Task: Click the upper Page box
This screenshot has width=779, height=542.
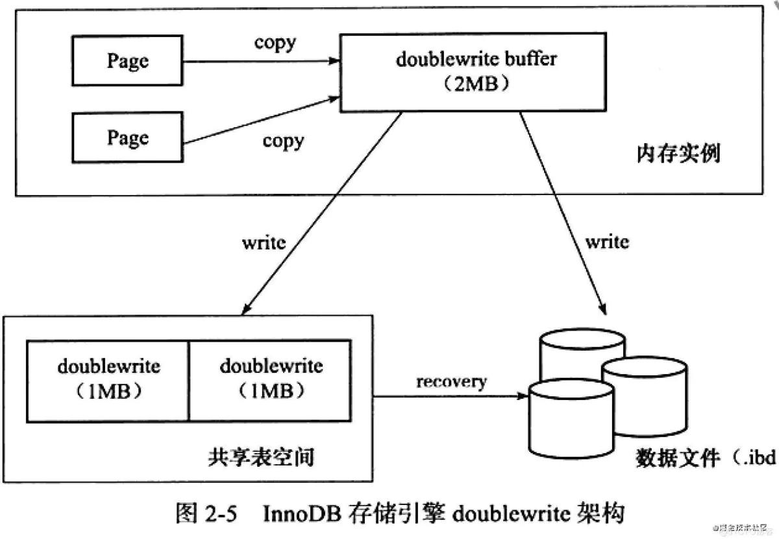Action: pyautogui.click(x=127, y=62)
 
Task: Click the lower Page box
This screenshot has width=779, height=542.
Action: pyautogui.click(x=127, y=138)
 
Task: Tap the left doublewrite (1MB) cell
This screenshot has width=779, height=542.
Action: pyautogui.click(x=108, y=379)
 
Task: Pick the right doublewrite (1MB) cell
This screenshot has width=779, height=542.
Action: pyautogui.click(x=271, y=379)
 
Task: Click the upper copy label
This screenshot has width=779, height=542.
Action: pyautogui.click(x=275, y=43)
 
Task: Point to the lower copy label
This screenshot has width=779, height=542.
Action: pyautogui.click(x=283, y=140)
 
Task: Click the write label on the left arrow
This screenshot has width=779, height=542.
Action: pyautogui.click(x=264, y=243)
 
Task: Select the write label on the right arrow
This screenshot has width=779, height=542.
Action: pyautogui.click(x=607, y=242)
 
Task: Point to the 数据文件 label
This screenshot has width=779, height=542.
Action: pyautogui.click(x=678, y=458)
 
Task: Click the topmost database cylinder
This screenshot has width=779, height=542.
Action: pyautogui.click(x=582, y=350)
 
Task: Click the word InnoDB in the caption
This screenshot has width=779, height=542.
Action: pyautogui.click(x=299, y=514)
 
